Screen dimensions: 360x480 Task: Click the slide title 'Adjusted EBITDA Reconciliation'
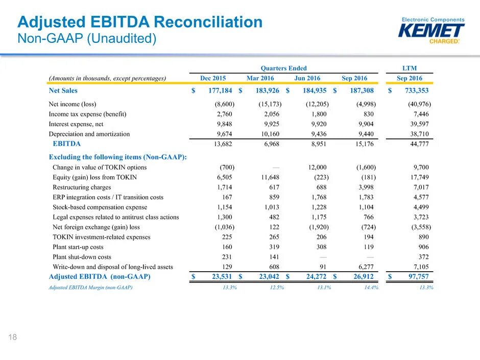[140, 22]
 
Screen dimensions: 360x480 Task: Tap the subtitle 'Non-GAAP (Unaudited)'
[87, 39]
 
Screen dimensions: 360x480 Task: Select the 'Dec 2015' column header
[213, 78]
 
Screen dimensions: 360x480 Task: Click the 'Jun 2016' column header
[307, 78]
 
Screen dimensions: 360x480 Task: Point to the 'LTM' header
[410, 68]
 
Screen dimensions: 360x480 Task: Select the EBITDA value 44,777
[417, 144]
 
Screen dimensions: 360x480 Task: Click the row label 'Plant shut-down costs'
[82, 257]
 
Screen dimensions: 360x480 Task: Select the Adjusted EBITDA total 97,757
[415, 277]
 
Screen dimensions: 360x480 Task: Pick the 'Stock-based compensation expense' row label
[100, 207]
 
